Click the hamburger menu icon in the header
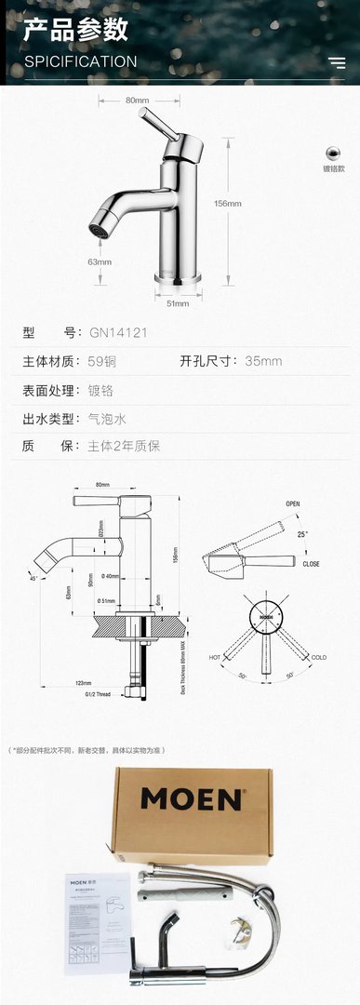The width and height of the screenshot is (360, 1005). coord(336,62)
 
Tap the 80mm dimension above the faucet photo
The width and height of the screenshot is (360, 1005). coord(137,100)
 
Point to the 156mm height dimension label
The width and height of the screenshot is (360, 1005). coord(228,203)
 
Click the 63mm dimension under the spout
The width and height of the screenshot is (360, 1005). coord(100,261)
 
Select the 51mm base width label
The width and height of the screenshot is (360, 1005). coord(177,302)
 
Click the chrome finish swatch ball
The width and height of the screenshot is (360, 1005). coord(333,152)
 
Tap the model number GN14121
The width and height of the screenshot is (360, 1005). coord(113,332)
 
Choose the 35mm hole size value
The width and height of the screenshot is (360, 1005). coord(263,361)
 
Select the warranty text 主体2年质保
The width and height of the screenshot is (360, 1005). coord(124,446)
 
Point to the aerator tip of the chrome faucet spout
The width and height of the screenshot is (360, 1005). coord(96,228)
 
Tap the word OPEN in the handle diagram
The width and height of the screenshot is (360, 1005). coord(293,503)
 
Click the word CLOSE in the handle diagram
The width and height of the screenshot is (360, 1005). coord(311,564)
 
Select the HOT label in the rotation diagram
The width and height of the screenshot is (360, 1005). coord(215,657)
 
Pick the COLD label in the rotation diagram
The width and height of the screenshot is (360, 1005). coord(319,657)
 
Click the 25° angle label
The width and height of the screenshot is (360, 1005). coord(301,534)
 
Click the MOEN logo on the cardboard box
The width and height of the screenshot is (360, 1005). coord(193,798)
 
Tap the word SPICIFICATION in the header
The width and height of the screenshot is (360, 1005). coord(80,61)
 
